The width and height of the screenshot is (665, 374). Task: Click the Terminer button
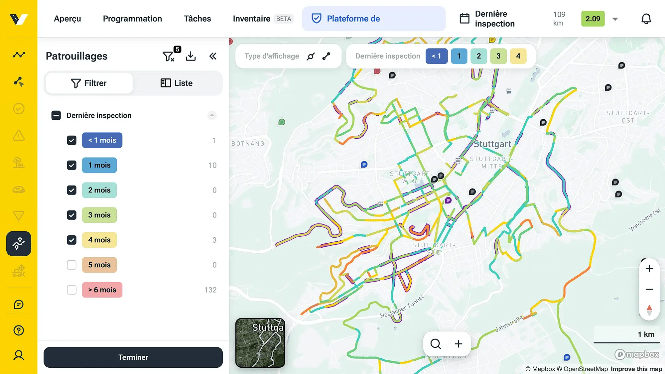133,357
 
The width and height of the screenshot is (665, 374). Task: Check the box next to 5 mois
71,265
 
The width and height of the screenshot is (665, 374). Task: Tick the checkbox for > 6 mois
71,290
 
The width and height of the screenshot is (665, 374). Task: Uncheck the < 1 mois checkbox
71,140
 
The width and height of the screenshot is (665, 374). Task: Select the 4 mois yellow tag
99,240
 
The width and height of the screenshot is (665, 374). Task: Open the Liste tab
177,83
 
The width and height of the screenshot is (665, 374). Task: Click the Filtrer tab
89,83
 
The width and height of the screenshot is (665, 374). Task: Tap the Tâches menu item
197,19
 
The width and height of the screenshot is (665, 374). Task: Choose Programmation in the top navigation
132,19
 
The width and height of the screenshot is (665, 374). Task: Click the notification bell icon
646,19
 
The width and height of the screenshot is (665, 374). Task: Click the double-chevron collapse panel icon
213,56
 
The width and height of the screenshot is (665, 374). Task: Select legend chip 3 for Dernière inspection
498,56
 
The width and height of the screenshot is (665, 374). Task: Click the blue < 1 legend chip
436,56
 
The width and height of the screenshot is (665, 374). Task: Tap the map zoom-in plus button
649,269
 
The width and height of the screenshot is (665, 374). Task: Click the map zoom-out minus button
649,289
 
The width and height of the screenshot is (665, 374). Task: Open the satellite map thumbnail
260,343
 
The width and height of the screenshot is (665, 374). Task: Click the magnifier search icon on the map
435,344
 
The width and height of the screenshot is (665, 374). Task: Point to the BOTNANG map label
248,144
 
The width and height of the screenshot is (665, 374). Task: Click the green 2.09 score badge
593,19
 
